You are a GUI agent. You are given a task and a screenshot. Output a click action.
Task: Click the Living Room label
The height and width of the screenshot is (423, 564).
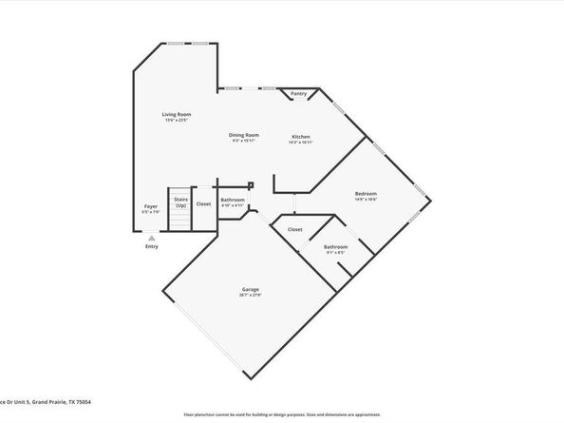(x=177, y=115)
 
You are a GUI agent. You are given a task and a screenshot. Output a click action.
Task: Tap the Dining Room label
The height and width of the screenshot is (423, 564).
(x=244, y=135)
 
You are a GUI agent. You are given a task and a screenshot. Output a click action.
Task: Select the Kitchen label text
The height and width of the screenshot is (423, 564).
(x=300, y=136)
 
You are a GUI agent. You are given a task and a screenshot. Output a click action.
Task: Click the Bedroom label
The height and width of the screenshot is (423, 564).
(x=367, y=194)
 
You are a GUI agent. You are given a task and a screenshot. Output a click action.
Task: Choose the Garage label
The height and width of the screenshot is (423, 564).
(x=251, y=289)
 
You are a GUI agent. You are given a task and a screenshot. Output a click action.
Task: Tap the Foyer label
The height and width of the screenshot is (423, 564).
(x=151, y=205)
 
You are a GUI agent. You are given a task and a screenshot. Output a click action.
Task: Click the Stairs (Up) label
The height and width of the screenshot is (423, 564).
(x=180, y=202)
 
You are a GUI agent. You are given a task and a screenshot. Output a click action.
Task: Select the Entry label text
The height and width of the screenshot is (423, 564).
(x=152, y=246)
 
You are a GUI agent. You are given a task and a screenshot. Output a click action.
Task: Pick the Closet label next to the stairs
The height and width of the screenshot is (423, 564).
(x=203, y=203)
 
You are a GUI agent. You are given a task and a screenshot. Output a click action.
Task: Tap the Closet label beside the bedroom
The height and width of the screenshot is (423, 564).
(x=295, y=229)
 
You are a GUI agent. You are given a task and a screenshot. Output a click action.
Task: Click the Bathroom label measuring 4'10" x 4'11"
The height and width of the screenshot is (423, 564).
(x=233, y=200)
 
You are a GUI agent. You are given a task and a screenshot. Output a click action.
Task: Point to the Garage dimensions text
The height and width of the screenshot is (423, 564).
(x=251, y=295)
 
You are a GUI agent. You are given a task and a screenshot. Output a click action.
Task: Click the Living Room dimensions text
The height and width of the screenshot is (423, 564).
(x=177, y=121)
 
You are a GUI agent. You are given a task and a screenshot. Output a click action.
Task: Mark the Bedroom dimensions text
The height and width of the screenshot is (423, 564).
(x=367, y=200)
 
